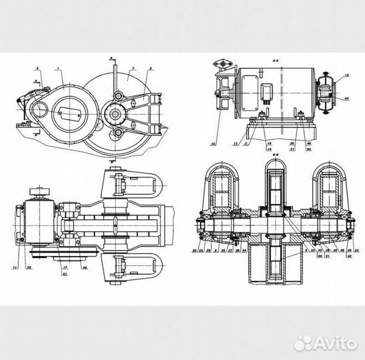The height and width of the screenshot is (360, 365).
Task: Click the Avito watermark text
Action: tap(331, 343)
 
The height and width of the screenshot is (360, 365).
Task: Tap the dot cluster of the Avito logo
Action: tap(303, 343)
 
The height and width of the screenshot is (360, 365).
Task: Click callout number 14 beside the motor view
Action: tap(213, 143)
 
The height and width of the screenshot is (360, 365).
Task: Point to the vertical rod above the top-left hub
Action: tap(115, 77)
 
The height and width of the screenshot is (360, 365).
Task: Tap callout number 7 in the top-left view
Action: tap(133, 69)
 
